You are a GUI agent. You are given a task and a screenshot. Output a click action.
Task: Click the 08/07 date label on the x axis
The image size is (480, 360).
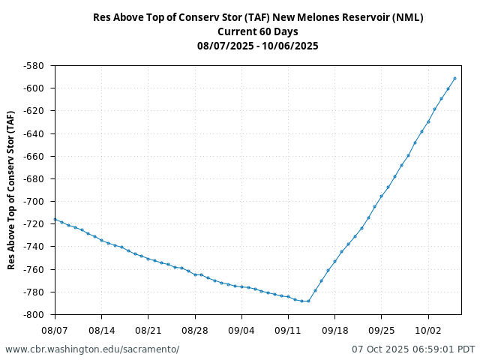coord(55,330)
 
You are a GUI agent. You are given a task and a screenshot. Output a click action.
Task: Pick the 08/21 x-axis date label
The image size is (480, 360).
coord(148,330)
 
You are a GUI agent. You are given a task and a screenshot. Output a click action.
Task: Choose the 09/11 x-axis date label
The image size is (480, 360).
coord(288,330)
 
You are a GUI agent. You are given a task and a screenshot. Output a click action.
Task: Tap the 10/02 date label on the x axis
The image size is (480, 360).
coord(428,330)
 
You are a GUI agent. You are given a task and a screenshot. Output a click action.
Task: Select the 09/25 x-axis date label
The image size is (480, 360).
coord(382,330)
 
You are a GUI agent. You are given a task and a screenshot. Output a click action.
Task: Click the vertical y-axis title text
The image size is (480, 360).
coord(11,190)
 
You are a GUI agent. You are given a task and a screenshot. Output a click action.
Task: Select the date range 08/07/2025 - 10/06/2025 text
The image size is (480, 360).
coord(258,46)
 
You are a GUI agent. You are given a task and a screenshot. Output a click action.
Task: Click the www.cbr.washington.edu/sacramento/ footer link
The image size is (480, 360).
coord(92,349)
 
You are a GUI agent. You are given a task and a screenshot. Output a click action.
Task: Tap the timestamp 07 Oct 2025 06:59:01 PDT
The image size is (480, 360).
coord(413,349)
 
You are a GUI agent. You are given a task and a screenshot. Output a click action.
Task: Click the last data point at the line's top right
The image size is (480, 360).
coord(454,78)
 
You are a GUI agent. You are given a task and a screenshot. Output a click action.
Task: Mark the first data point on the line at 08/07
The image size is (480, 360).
coord(55,219)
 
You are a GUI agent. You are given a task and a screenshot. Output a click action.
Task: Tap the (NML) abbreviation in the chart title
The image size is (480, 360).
coord(408,17)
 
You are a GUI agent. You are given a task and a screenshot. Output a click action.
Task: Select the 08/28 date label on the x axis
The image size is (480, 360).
coord(195,330)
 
